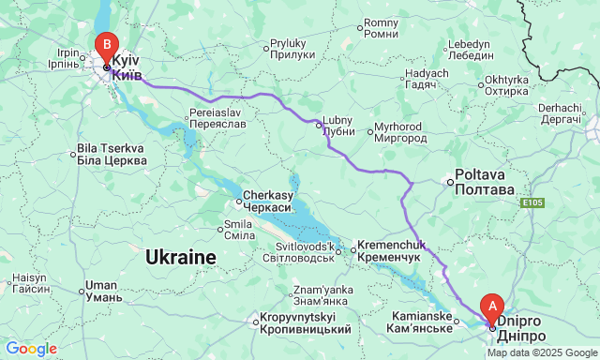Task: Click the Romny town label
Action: pos(381,28)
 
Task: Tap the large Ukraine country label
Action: pos(181,256)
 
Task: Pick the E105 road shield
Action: pos(533,202)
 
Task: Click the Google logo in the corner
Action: pos(31,349)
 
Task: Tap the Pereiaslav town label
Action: pos(217,117)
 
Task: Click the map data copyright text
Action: pos(542,353)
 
